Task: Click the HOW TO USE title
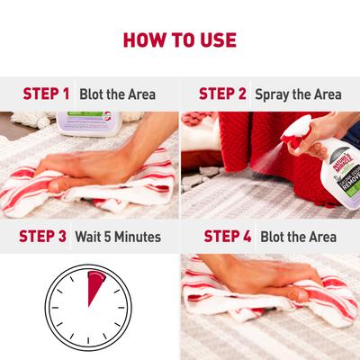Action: pyautogui.click(x=180, y=40)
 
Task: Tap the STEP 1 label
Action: pyautogui.click(x=46, y=94)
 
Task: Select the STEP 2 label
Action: pyautogui.click(x=222, y=94)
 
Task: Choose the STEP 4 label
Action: pyautogui.click(x=227, y=237)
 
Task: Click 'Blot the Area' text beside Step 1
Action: pyautogui.click(x=117, y=94)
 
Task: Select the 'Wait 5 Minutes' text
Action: pyautogui.click(x=118, y=237)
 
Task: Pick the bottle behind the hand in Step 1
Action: pyautogui.click(x=85, y=121)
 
